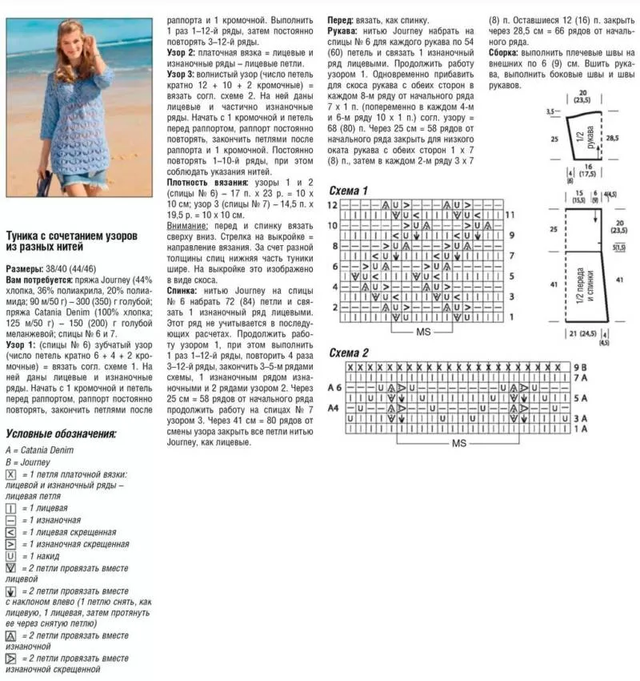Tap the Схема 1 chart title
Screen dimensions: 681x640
(x=349, y=191)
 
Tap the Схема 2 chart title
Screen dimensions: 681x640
(x=349, y=353)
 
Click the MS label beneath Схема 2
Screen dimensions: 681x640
(x=458, y=442)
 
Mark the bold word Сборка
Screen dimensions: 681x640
(x=507, y=53)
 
